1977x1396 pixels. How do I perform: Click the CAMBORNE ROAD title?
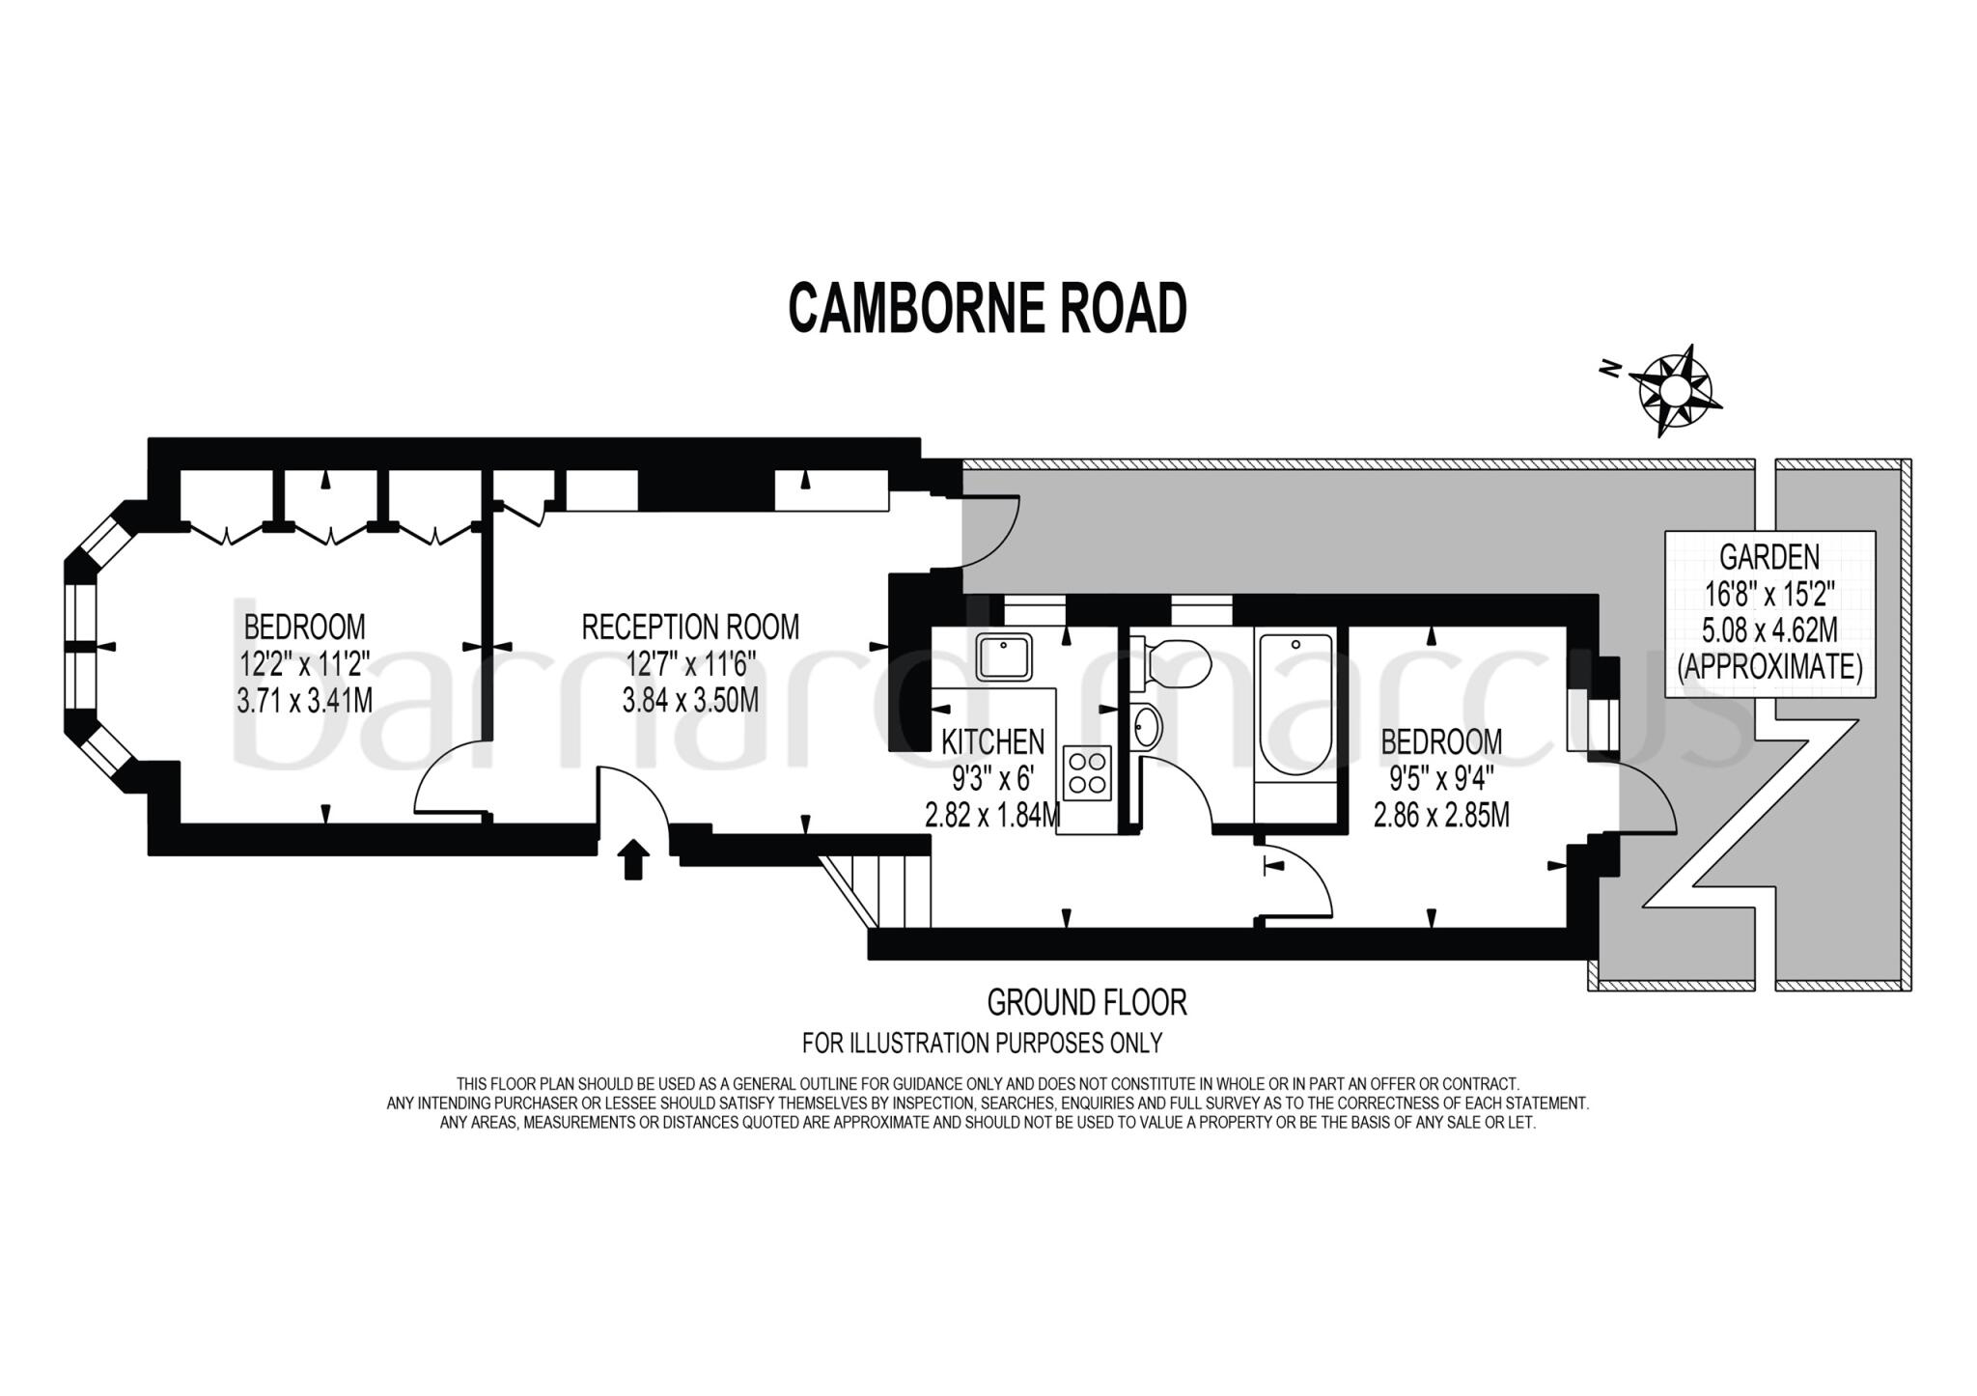coord(988,309)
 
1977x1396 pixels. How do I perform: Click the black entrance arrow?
coord(632,858)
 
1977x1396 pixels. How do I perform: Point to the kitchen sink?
coord(1005,656)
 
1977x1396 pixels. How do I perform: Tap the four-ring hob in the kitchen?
coord(1087,772)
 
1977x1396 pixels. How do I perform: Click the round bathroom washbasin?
coord(1148,726)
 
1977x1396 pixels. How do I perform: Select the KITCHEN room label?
coord(992,741)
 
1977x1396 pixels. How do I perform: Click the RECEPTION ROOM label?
coord(690,627)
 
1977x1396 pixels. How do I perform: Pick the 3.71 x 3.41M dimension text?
coord(304,699)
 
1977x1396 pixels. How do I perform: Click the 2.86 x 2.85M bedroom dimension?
coord(1441,815)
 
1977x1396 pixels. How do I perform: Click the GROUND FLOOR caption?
coord(1086,1002)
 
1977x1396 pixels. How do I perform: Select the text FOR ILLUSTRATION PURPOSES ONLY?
coord(982,1043)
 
